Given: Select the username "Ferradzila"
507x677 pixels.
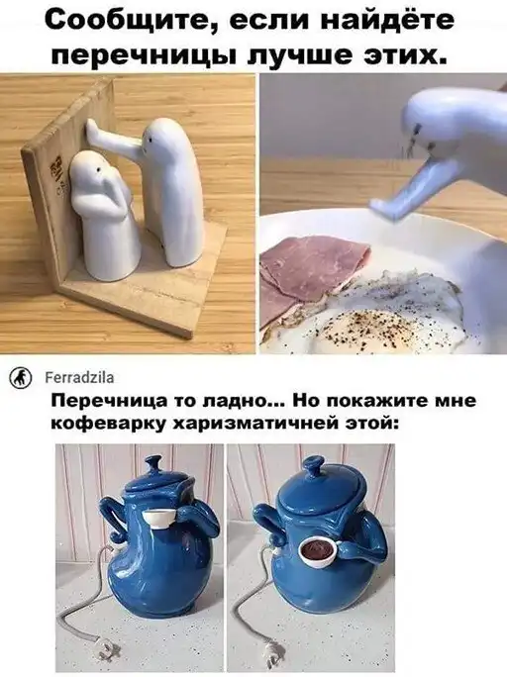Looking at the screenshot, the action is [79, 378].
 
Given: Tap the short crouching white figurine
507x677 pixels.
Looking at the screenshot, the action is [104, 215].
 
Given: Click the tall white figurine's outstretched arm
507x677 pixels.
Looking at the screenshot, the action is [115, 138].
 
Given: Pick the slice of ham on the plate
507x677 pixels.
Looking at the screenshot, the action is [312, 271].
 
